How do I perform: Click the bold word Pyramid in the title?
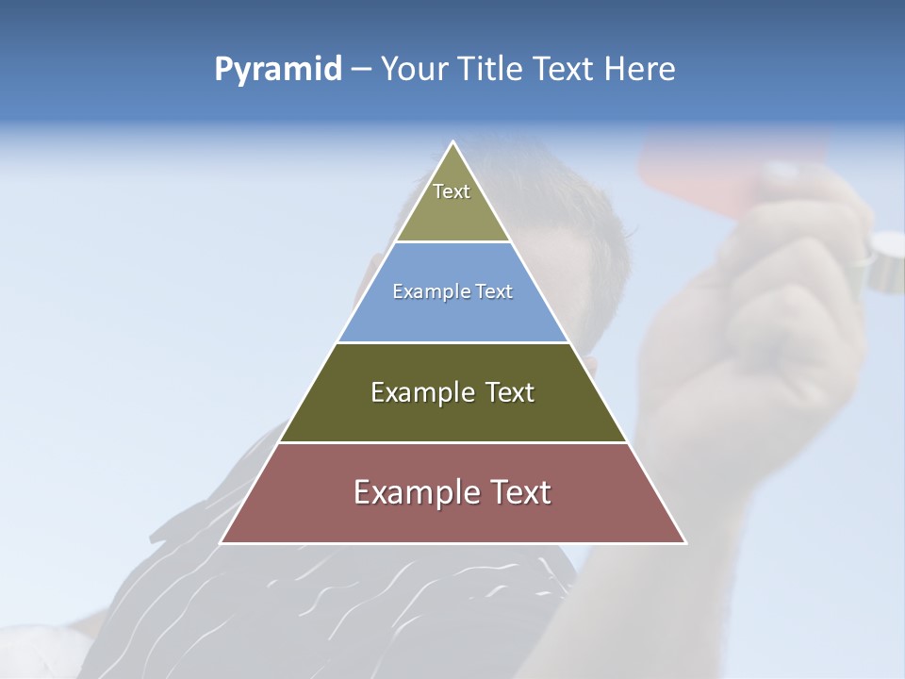[x=278, y=70]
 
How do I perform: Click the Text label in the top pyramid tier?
[x=452, y=191]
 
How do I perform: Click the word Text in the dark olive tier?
[x=510, y=392]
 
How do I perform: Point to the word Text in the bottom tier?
[x=520, y=492]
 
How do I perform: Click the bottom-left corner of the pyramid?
[x=222, y=542]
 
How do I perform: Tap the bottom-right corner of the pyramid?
[x=685, y=542]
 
